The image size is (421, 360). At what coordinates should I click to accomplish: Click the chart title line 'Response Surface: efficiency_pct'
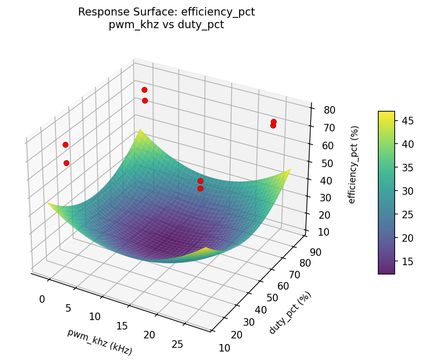click(166, 12)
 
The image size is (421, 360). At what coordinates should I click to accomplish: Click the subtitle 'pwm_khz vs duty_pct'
click(166, 25)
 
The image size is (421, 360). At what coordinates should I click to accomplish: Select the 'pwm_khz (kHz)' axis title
click(100, 341)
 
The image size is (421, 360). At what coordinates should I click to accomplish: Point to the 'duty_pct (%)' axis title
click(290, 313)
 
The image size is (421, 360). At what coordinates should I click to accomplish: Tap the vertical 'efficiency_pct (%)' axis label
click(352, 164)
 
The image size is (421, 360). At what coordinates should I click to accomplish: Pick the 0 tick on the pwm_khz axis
click(42, 299)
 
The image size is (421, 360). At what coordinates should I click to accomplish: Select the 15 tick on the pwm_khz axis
click(122, 326)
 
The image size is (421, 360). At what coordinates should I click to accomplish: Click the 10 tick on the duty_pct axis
click(225, 348)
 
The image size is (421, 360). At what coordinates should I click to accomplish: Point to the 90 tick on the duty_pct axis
click(312, 252)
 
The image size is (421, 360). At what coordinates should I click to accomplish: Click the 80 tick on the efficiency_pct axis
click(329, 110)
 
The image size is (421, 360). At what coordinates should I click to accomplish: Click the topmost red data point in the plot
click(144, 90)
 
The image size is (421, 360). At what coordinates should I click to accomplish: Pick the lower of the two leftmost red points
click(66, 163)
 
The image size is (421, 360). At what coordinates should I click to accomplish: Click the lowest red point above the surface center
click(200, 188)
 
